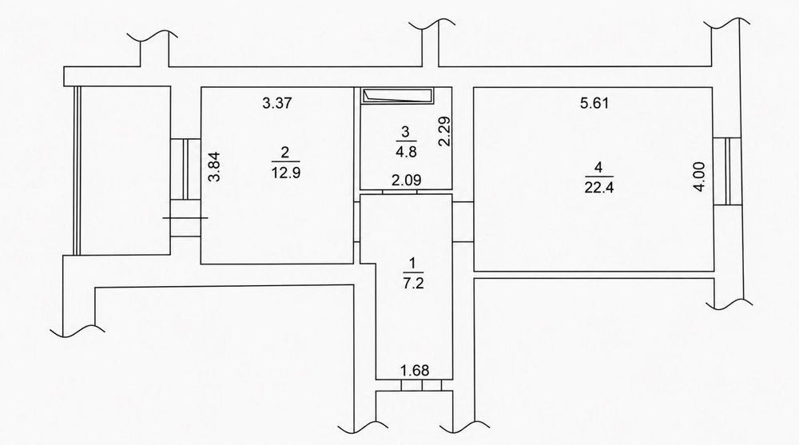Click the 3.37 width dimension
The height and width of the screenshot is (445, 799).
coord(276,103)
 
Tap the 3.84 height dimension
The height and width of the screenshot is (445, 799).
coord(216,167)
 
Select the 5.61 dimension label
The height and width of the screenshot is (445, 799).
coord(594,104)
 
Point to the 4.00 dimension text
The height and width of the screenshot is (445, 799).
coord(700,177)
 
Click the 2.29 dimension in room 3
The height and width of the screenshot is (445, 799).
coord(445,132)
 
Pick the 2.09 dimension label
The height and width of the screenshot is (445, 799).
coord(406,180)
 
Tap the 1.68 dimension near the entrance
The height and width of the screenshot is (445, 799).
coord(415,371)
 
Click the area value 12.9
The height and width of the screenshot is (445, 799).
coord(286,173)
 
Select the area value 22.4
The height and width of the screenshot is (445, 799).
coord(599,188)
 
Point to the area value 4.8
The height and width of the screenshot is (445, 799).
coord(406,152)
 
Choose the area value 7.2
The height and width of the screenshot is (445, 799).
coord(413,284)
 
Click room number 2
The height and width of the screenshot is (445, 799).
coord(285,152)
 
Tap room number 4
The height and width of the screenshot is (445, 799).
coord(598,167)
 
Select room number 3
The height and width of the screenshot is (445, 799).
coord(406,132)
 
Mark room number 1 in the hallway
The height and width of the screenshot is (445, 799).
coord(413,263)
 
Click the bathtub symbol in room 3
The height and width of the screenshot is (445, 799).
coord(397,95)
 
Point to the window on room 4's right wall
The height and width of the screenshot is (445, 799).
coord(727,171)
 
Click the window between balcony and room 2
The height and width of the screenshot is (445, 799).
coord(185,169)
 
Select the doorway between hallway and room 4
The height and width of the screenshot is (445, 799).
coord(463,222)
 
